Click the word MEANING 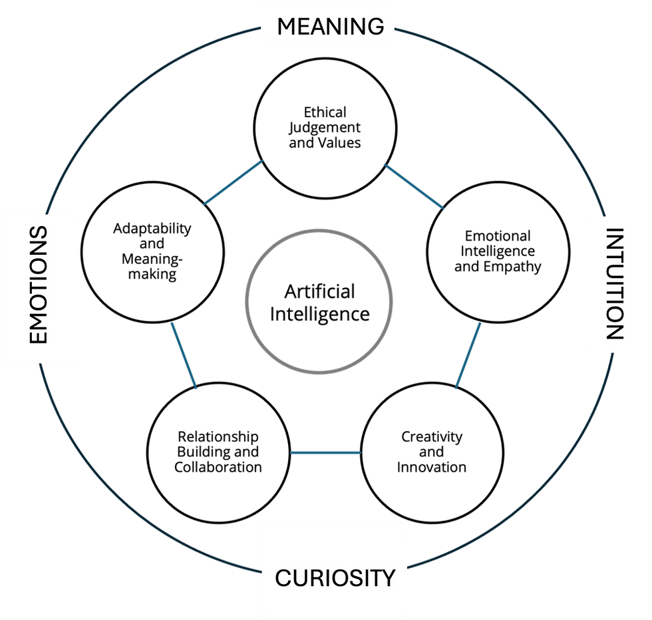330,27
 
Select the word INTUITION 615,284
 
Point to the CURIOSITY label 335,577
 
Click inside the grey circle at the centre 319,301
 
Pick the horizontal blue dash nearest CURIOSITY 326,453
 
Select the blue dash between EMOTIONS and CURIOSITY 184,356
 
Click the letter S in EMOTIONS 39,235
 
